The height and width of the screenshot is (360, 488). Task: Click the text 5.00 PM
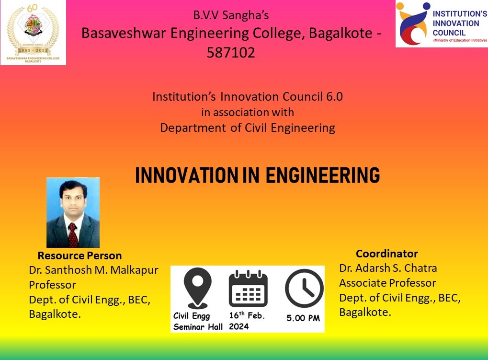pyautogui.click(x=304, y=318)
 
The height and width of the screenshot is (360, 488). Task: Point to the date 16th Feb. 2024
pyautogui.click(x=247, y=321)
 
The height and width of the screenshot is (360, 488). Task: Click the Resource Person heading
pyautogui.click(x=79, y=255)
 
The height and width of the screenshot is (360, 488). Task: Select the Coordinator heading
pyautogui.click(x=386, y=254)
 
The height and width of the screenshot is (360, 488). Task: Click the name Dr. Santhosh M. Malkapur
pyautogui.click(x=93, y=270)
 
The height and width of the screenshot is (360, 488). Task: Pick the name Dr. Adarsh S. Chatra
pyautogui.click(x=388, y=268)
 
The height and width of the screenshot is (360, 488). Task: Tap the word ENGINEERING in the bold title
pyautogui.click(x=323, y=176)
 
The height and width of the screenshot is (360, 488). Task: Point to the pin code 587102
pyautogui.click(x=231, y=52)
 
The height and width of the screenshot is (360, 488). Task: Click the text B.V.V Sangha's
pyautogui.click(x=231, y=15)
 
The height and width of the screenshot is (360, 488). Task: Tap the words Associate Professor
pyautogui.click(x=387, y=283)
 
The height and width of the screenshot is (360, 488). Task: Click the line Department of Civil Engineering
pyautogui.click(x=247, y=128)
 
